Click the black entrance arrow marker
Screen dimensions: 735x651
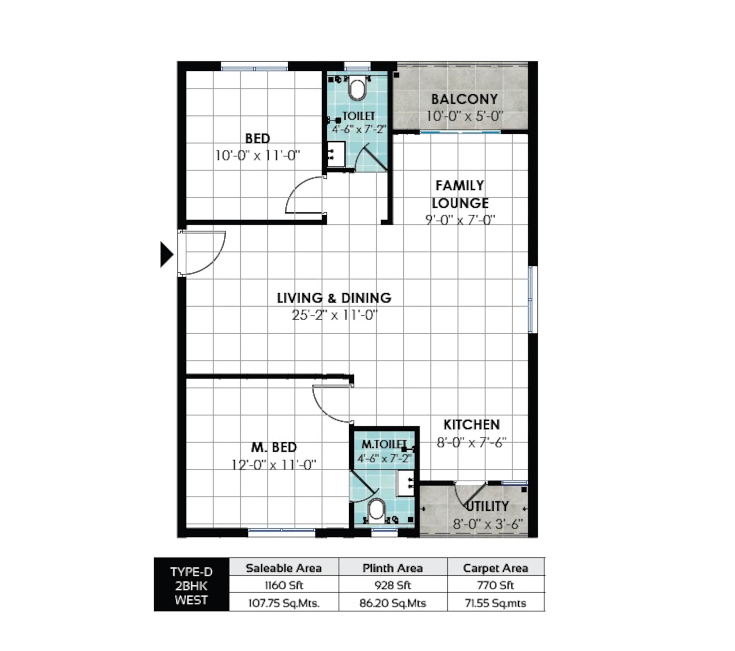(166, 255)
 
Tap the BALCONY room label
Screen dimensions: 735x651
(465, 99)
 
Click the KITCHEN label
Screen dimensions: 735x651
(471, 425)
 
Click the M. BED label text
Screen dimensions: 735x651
(274, 447)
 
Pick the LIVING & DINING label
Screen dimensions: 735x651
(334, 298)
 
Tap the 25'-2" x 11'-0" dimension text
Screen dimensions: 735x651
(335, 315)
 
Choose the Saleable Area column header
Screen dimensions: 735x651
(284, 568)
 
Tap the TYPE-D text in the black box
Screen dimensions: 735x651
(191, 572)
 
